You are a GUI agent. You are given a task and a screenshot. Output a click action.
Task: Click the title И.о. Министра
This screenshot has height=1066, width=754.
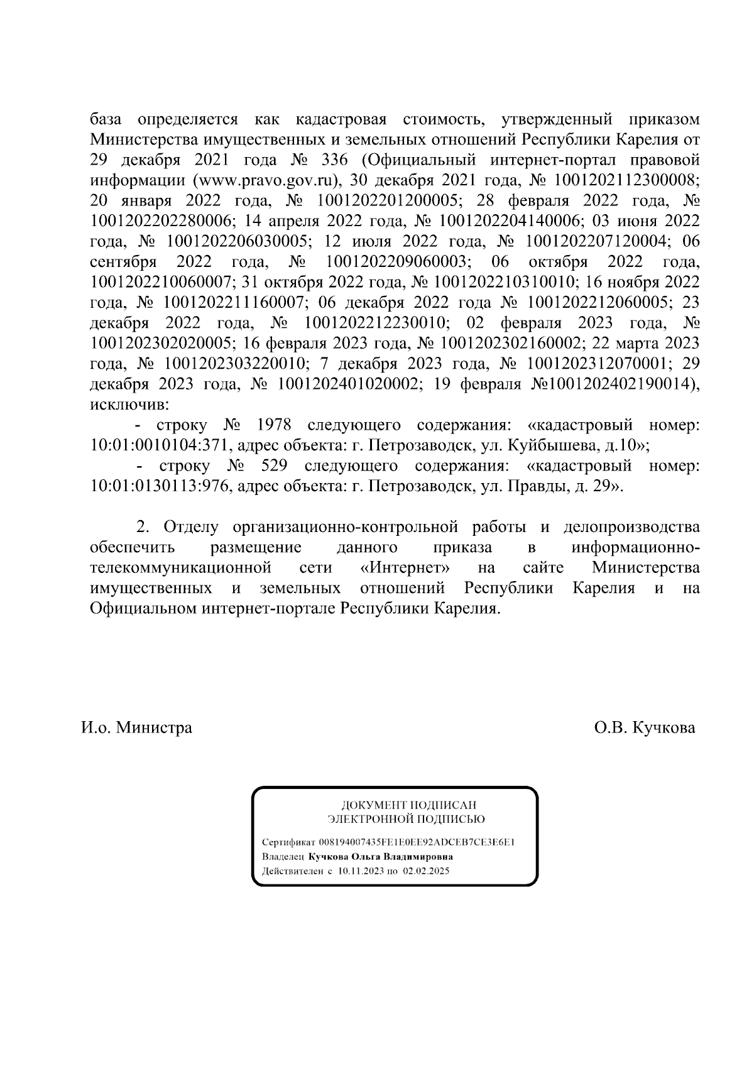coord(136,728)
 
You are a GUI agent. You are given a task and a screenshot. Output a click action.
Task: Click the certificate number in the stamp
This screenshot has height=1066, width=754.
coord(417,842)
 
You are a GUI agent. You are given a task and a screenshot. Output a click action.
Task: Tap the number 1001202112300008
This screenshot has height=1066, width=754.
coord(626,180)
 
